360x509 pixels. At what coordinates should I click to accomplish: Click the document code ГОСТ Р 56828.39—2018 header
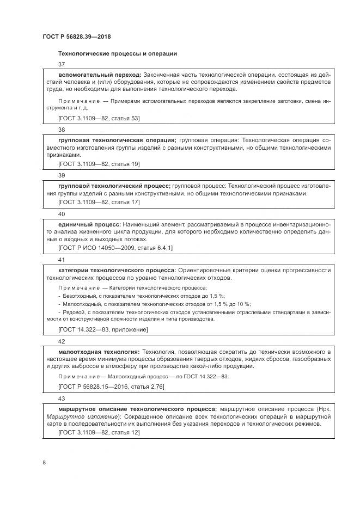tap(77, 37)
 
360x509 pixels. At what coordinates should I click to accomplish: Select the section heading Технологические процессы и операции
tap(117, 53)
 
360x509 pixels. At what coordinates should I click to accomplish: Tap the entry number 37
tap(61, 65)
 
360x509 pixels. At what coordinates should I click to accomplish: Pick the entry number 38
tap(61, 130)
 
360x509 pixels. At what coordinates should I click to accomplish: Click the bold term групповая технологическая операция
tap(117, 139)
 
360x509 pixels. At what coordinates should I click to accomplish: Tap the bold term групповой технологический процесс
tap(114, 186)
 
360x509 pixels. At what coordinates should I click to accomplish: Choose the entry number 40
tap(61, 214)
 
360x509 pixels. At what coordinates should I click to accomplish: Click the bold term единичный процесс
tap(89, 224)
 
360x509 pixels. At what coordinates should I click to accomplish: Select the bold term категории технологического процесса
tap(117, 270)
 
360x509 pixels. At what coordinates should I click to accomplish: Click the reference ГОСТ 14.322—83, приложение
tap(102, 330)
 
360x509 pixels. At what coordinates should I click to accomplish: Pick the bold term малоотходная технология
tap(99, 352)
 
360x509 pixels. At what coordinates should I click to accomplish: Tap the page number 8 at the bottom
tap(45, 462)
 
